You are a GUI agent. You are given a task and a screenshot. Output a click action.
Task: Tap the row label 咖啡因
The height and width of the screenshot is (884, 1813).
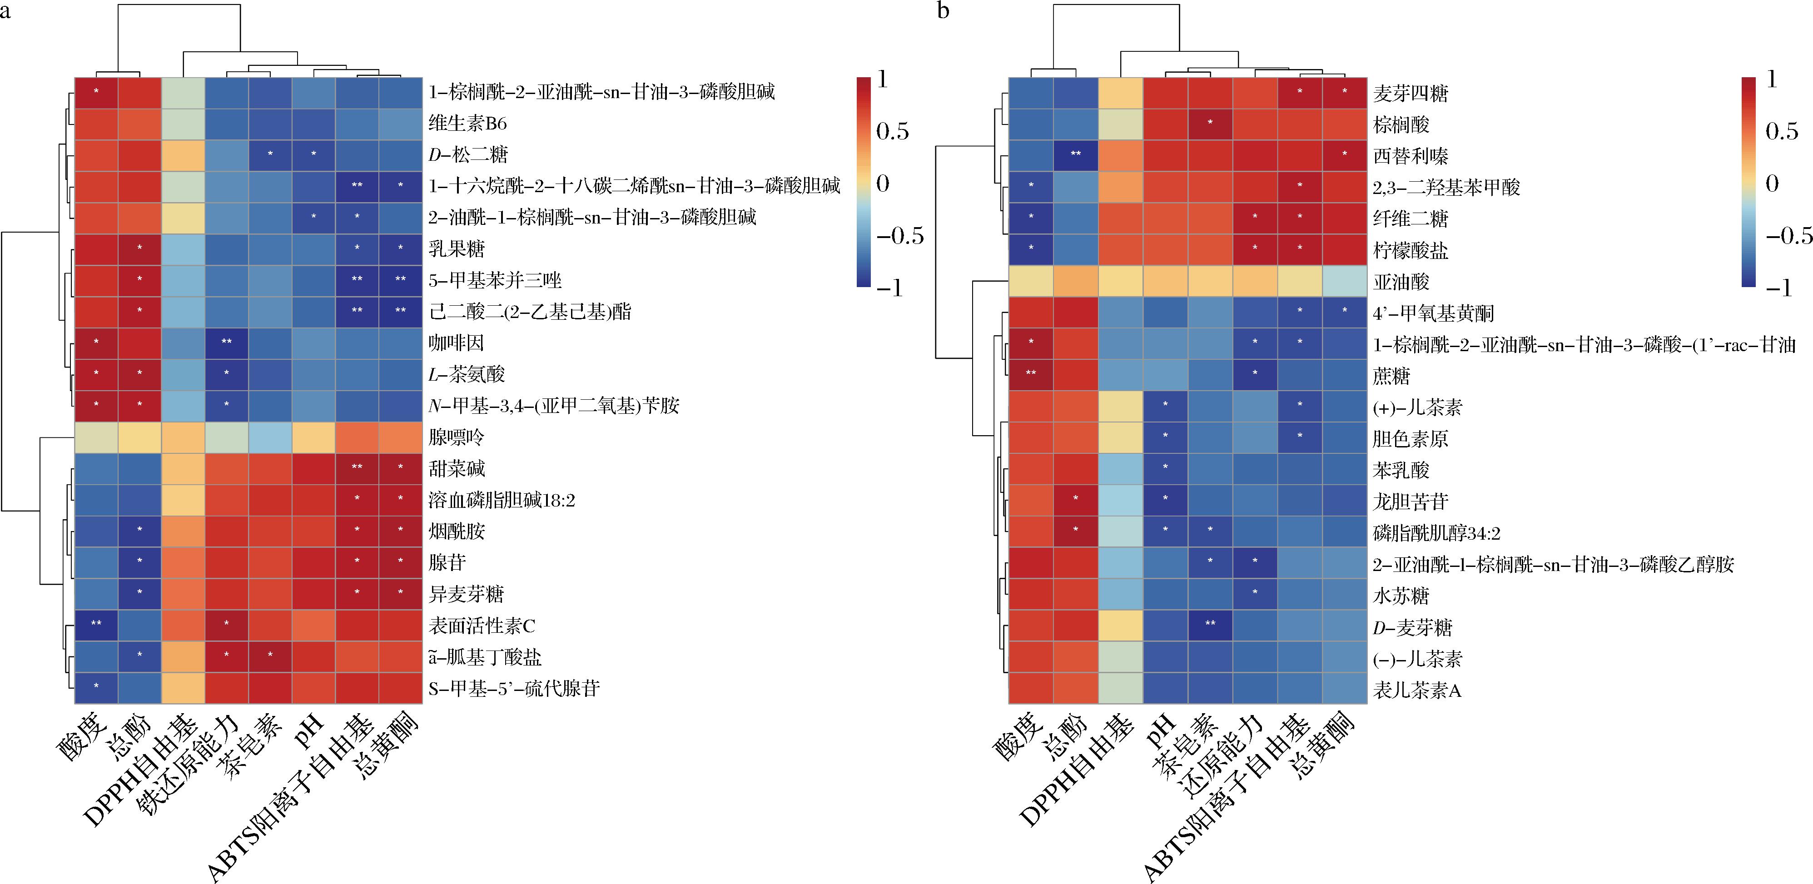[456, 343]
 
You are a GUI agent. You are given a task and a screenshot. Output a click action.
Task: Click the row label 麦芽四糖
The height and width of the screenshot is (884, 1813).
[1410, 94]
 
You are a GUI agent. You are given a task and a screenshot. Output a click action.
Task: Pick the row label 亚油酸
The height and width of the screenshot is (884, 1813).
[1401, 282]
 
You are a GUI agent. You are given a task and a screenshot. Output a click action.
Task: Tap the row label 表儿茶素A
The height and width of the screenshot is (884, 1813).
[1416, 690]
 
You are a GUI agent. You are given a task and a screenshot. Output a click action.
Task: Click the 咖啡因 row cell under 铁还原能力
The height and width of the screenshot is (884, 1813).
[227, 343]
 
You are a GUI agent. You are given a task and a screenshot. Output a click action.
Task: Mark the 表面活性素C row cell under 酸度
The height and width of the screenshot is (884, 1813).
[96, 626]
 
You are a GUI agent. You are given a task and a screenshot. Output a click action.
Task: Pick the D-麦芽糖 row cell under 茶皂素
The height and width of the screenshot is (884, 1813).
[1210, 627]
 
